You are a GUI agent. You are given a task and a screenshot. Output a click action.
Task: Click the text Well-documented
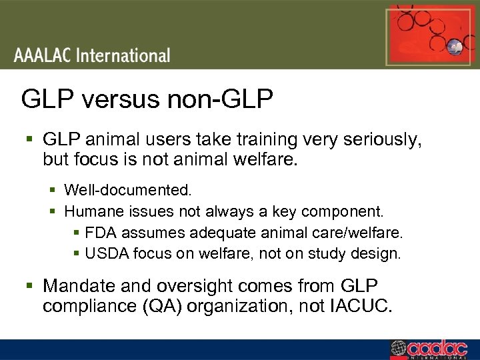click(x=128, y=190)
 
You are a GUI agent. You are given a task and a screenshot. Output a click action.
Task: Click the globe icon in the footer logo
click(x=399, y=349)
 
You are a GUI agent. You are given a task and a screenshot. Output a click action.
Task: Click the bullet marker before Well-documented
click(x=53, y=191)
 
